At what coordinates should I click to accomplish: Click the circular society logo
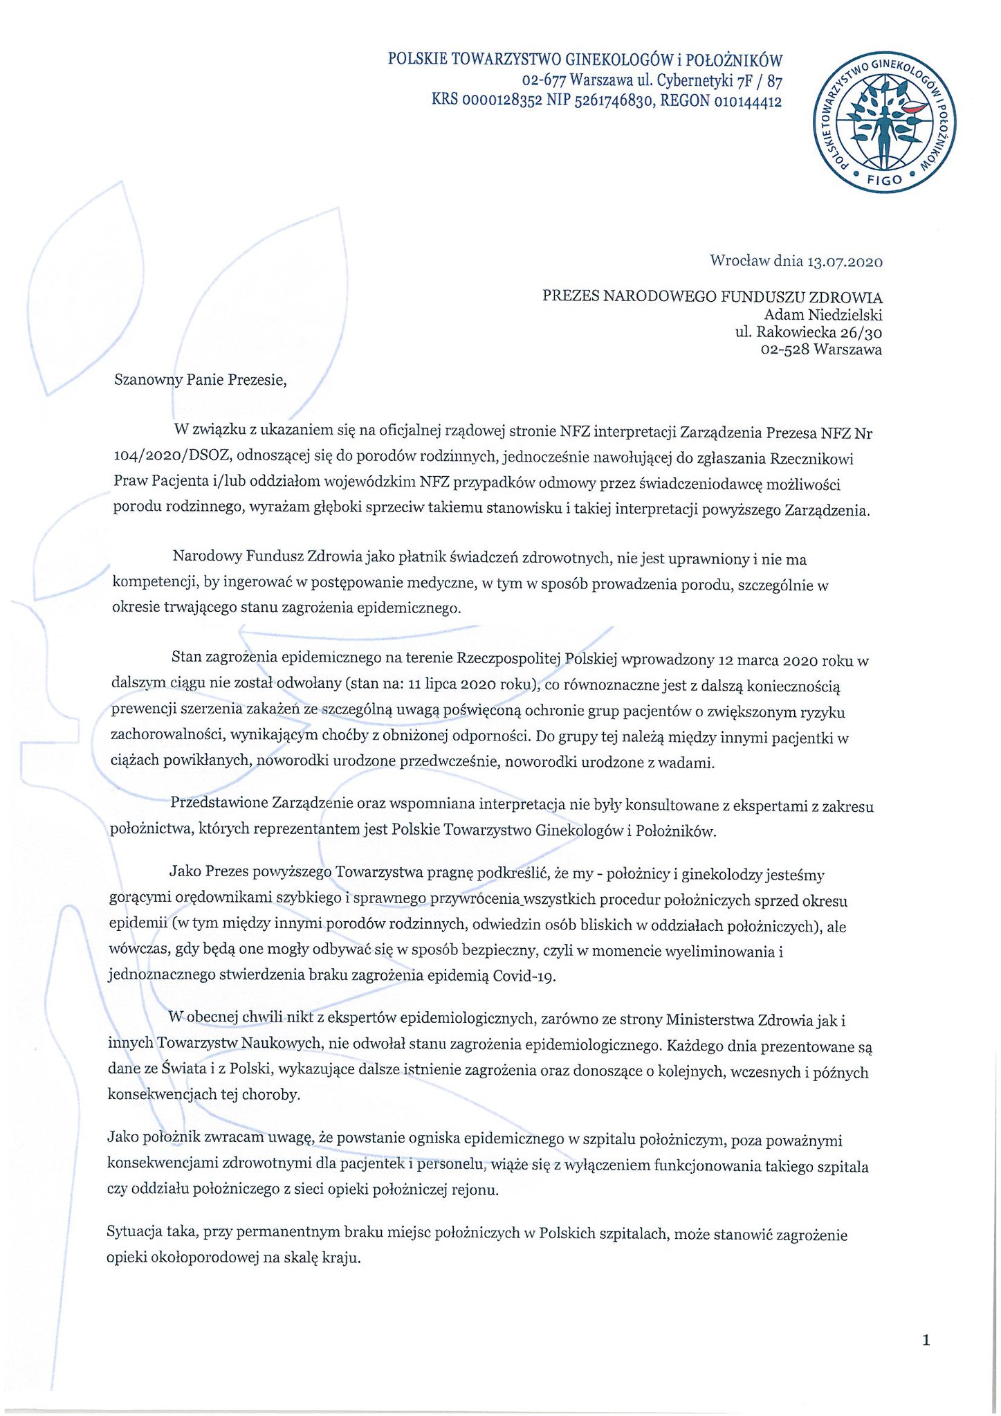click(x=885, y=120)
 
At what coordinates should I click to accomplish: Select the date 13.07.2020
click(x=845, y=262)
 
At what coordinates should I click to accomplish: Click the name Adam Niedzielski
click(x=823, y=315)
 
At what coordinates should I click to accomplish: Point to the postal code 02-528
click(x=784, y=350)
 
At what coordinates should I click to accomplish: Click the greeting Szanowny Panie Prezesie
click(x=200, y=379)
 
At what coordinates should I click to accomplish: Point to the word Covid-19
click(x=524, y=977)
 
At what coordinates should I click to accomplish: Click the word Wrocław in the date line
click(x=740, y=262)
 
